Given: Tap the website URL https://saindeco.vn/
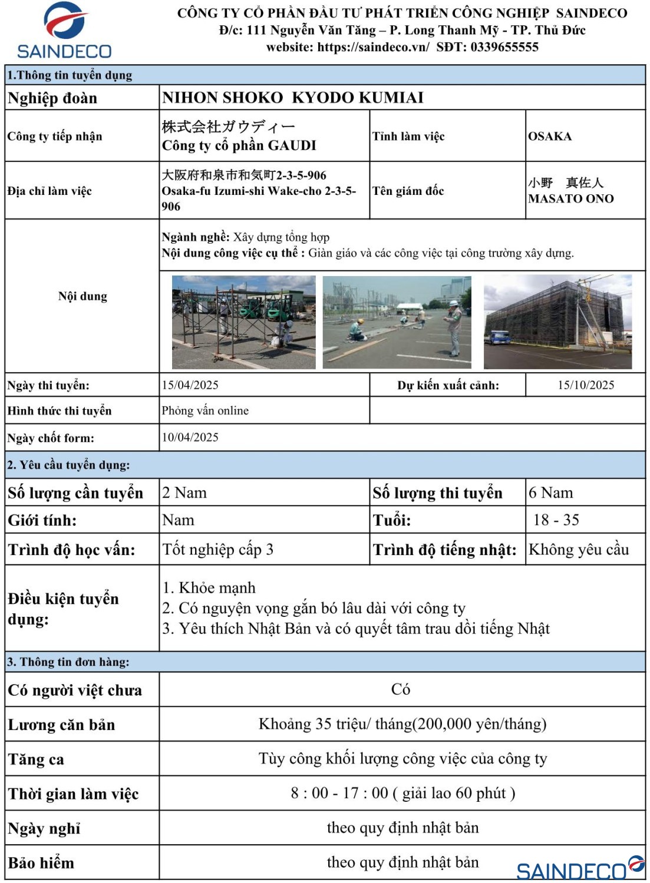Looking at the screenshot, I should [373, 47].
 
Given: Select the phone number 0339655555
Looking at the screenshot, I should [504, 47].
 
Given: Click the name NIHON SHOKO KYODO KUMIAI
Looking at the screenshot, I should [293, 98].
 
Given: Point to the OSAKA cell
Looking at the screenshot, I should [550, 137].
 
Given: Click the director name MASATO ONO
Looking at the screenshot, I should [570, 199].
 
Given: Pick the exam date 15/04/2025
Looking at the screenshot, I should [190, 385].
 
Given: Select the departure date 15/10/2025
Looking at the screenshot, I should [586, 385].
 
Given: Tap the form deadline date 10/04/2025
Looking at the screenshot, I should [190, 437].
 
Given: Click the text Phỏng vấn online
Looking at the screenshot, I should [205, 411].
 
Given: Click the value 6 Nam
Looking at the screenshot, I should [550, 493].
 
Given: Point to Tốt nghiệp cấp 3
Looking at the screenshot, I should [217, 550].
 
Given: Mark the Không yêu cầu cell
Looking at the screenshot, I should [579, 550].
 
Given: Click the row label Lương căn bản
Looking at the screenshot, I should [61, 725].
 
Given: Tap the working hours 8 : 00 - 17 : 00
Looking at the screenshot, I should [339, 794].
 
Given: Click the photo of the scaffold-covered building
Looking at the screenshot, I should [557, 322].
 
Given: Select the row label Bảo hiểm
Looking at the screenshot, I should [41, 864].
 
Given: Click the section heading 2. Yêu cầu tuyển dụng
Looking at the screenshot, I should [68, 465].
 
